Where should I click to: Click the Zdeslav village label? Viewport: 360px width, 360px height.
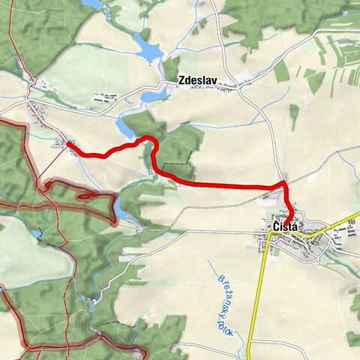click(197, 82)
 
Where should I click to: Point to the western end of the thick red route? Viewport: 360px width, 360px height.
click(68, 143)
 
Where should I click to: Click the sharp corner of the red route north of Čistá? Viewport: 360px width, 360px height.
click(284, 183)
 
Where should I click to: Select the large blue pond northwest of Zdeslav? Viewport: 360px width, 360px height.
click(148, 49)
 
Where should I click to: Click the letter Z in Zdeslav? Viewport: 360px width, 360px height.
click(181, 82)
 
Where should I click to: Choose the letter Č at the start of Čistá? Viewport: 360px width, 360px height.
click(276, 226)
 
